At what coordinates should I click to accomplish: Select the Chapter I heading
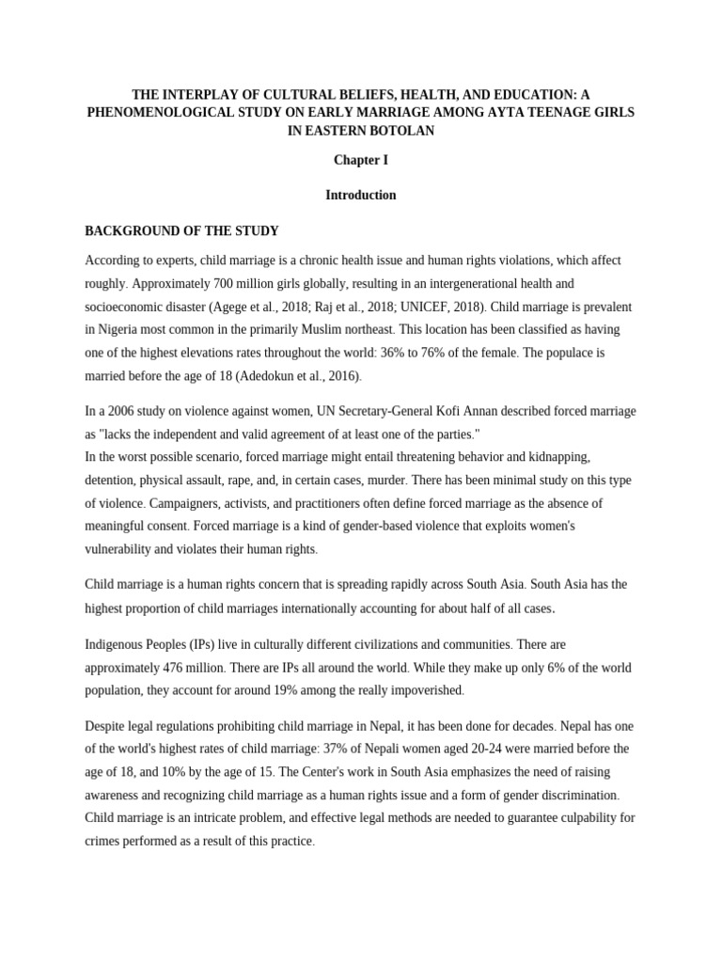360,160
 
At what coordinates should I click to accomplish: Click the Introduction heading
360,196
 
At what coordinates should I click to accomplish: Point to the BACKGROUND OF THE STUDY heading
182,230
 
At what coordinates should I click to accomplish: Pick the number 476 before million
181,668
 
